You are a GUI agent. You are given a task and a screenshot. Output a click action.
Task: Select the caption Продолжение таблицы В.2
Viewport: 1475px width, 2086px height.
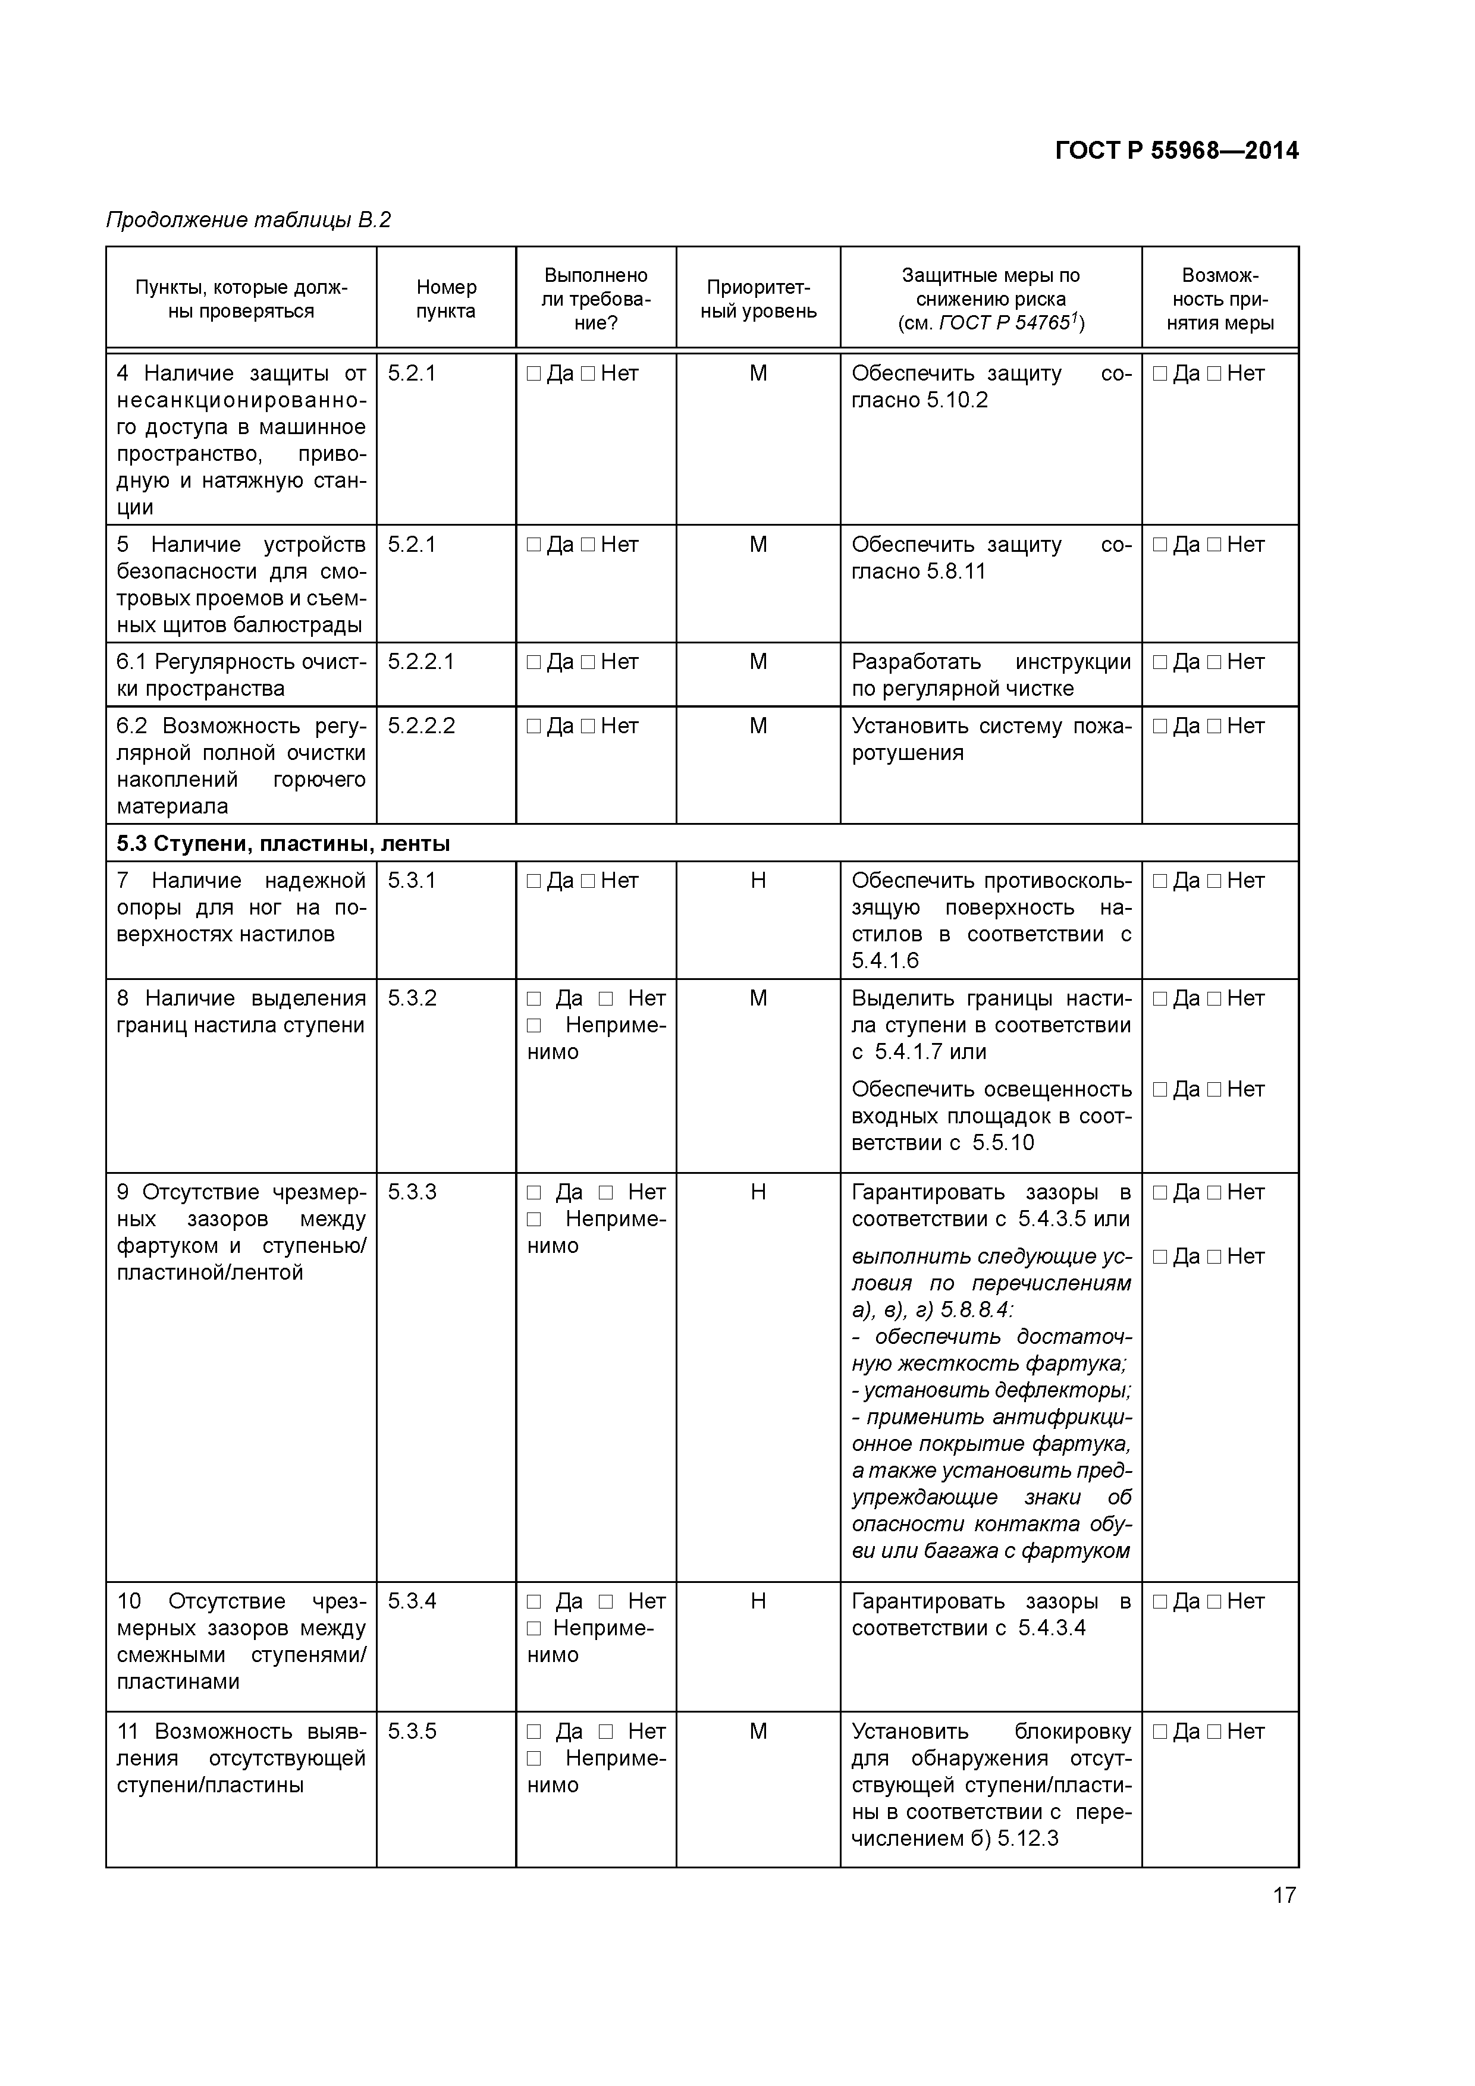click(248, 220)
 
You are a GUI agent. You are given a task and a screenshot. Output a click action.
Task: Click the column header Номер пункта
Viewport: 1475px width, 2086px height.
click(445, 299)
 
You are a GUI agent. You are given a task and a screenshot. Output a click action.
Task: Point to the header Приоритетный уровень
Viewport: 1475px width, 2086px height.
click(758, 299)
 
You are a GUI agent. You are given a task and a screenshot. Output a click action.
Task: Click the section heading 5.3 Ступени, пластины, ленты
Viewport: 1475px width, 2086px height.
click(283, 844)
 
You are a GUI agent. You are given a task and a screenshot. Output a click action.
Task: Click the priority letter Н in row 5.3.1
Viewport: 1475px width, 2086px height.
click(758, 881)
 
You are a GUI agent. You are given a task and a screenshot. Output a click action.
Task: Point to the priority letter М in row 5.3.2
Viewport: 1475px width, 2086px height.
click(758, 998)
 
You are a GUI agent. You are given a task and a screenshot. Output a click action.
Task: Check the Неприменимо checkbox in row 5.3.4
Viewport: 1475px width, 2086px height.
click(533, 1629)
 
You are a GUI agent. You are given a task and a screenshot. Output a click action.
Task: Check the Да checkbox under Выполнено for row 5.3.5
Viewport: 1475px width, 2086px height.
click(533, 1732)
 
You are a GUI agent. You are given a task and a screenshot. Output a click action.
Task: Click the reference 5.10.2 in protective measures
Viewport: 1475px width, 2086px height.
click(956, 401)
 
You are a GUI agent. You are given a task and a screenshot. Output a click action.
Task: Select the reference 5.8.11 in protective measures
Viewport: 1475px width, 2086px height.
click(955, 571)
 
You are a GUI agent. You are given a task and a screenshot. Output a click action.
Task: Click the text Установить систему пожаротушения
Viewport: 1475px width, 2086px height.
click(991, 740)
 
